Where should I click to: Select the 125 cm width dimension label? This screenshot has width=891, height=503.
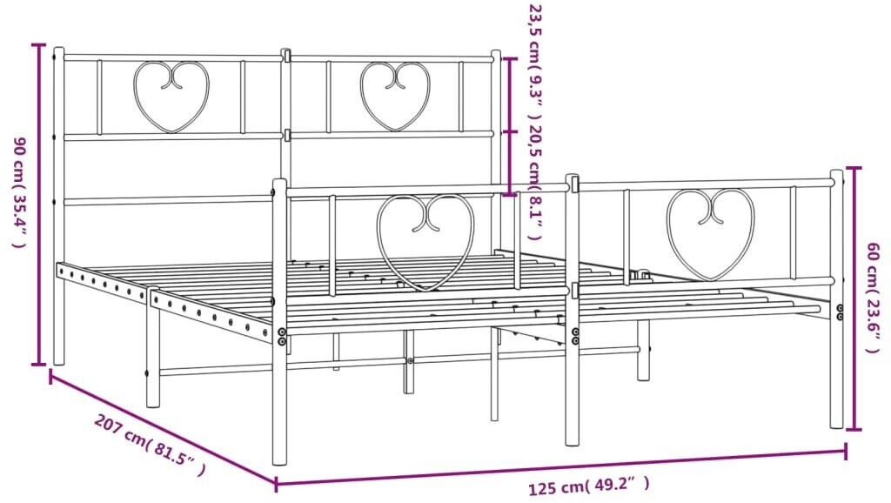pos(588,486)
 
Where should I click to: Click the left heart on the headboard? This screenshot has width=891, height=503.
pos(171,96)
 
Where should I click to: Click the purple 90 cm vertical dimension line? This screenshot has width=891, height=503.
pos(39,205)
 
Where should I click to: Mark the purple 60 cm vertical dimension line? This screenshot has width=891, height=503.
pos(854,298)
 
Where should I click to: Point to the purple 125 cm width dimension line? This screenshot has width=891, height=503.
pos(561,466)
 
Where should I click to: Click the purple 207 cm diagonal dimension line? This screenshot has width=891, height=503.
pos(161,427)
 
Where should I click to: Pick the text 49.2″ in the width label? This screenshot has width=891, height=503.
pos(619,485)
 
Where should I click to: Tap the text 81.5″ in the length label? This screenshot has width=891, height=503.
pos(175,459)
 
